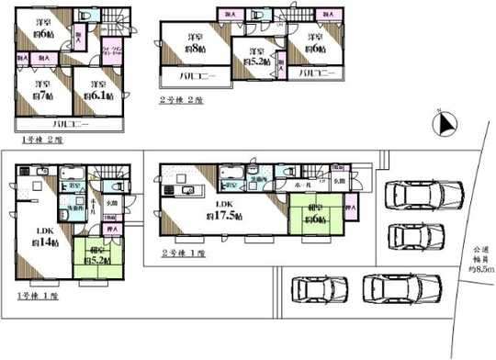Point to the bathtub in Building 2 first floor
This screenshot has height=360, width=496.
point(231,173)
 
